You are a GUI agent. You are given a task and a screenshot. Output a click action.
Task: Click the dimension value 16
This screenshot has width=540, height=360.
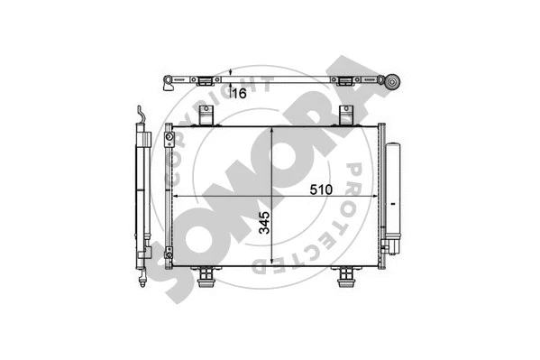coord(239,92)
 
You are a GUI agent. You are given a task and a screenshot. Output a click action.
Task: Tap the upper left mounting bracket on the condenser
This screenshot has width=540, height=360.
coord(206,115)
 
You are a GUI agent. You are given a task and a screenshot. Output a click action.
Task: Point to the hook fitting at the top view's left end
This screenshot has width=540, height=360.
coord(169,86)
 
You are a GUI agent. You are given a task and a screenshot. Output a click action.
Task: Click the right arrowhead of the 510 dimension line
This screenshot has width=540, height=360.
coord(380,197)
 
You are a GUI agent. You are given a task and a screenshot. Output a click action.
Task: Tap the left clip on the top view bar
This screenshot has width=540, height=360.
coord(206,78)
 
